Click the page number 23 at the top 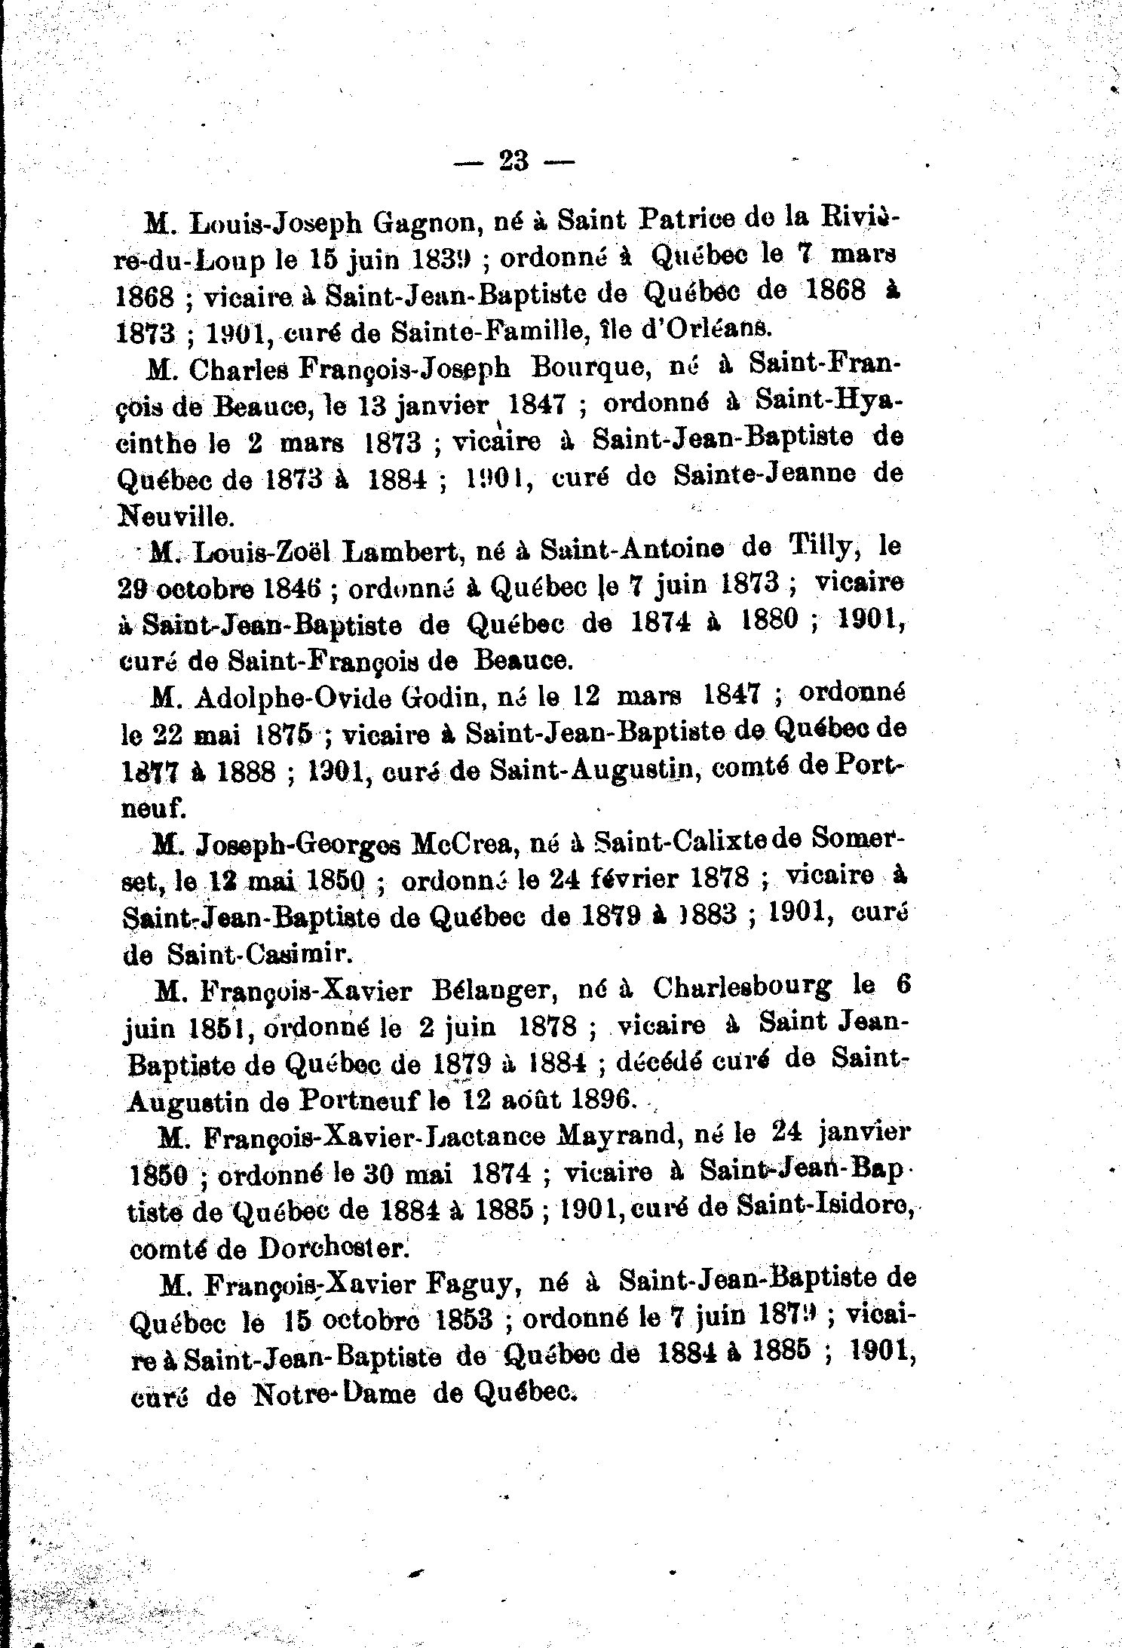[513, 161]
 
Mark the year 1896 [601, 1099]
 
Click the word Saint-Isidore [824, 1208]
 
